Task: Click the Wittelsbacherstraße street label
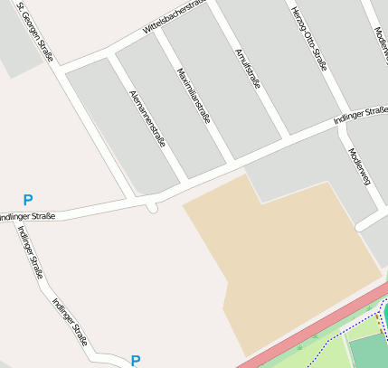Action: [175, 17]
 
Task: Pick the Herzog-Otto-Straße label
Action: [308, 37]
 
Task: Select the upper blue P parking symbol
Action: [28, 200]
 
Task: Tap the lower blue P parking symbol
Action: [136, 361]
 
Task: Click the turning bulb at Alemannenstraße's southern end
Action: [152, 207]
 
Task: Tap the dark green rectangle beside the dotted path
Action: [370, 353]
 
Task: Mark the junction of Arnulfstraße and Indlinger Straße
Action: [288, 137]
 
